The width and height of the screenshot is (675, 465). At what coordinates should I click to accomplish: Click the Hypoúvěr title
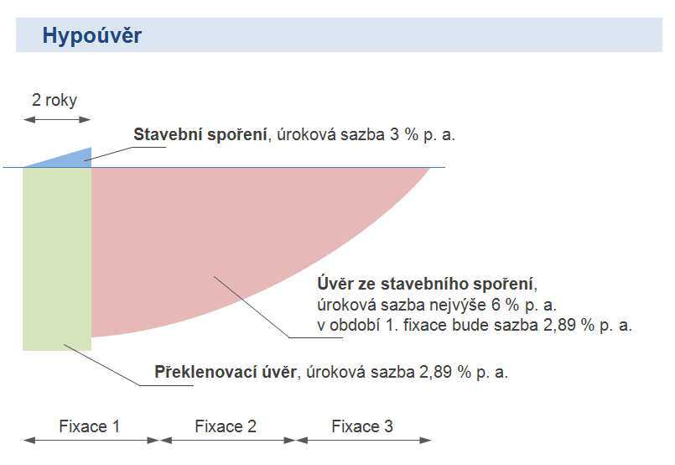(x=91, y=35)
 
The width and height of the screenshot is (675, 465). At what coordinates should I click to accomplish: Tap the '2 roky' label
(x=55, y=100)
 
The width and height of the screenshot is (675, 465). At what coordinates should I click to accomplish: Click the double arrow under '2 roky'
(x=57, y=120)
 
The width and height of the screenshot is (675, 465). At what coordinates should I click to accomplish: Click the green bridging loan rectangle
(x=57, y=259)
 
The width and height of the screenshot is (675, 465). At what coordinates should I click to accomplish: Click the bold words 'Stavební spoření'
(x=200, y=134)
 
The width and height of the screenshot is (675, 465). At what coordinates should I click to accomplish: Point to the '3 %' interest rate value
(x=404, y=134)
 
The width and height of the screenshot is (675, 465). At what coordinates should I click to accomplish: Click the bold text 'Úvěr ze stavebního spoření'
(x=425, y=284)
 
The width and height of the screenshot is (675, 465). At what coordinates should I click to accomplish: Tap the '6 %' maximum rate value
(x=505, y=306)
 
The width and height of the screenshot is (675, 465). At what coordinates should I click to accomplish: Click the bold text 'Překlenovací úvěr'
(x=226, y=372)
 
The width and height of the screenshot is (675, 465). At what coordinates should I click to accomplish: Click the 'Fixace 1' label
(x=89, y=426)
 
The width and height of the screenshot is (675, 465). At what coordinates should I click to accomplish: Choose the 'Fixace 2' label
(x=226, y=426)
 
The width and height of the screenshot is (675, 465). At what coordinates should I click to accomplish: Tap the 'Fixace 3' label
(x=362, y=426)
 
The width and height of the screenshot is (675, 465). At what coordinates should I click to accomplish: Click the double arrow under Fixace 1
(x=91, y=441)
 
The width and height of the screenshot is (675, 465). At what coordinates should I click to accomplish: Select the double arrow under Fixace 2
(x=228, y=441)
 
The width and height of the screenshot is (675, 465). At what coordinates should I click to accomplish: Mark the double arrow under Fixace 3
(x=364, y=441)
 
